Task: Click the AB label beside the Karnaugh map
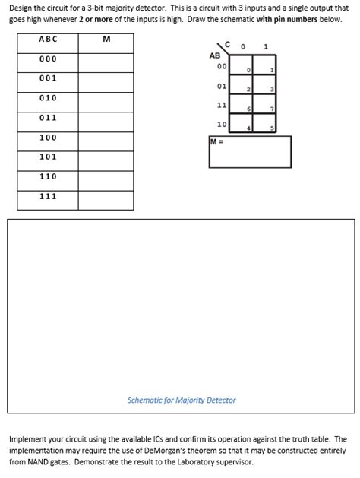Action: [x=215, y=55]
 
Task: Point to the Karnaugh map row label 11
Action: [x=222, y=105]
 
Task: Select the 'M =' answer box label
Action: [x=216, y=141]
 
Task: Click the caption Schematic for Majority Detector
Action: [x=182, y=400]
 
